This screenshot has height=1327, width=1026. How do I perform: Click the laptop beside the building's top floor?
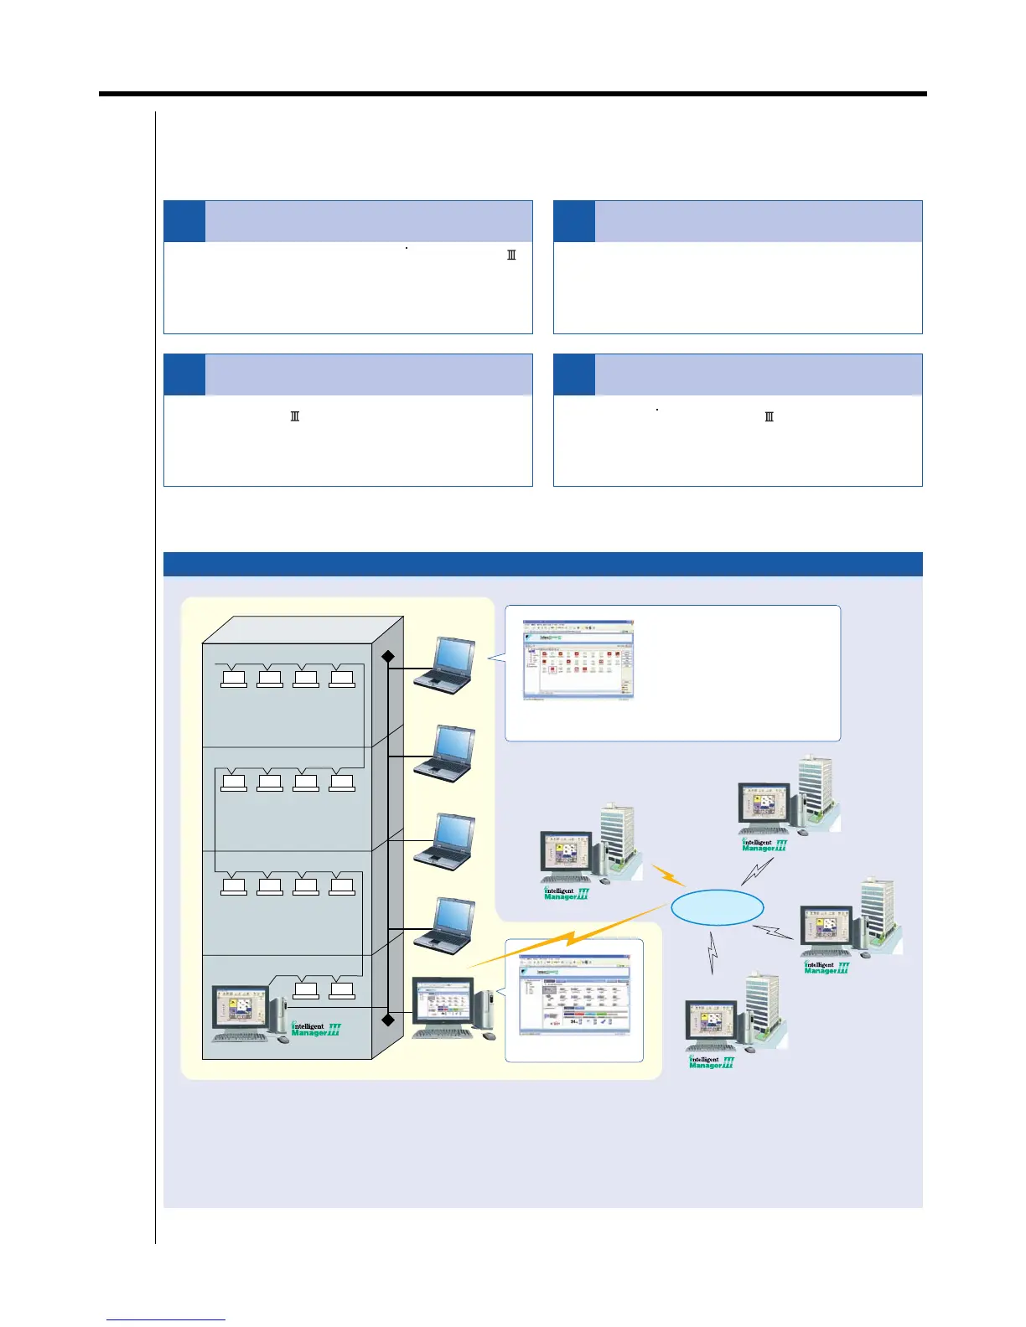[444, 666]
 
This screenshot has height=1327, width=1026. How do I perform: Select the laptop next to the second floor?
[444, 753]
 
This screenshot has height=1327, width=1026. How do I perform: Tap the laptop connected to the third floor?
[444, 841]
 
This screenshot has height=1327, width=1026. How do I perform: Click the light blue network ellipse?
[718, 906]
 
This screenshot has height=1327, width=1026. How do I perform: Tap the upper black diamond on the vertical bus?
[388, 657]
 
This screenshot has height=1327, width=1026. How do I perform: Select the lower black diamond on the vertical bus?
[388, 1020]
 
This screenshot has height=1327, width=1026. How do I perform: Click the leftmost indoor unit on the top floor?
[233, 679]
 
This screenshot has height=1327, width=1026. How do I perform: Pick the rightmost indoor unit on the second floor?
[342, 782]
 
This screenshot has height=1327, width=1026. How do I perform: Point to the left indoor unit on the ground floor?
[306, 990]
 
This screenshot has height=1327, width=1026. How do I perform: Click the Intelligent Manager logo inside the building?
[315, 1030]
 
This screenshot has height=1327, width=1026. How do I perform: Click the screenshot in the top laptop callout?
[578, 660]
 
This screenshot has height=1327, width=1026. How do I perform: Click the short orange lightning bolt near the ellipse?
[669, 875]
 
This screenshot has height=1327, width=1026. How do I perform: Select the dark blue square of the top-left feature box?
[184, 221]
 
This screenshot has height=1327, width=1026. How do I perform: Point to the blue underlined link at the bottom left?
[166, 1319]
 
